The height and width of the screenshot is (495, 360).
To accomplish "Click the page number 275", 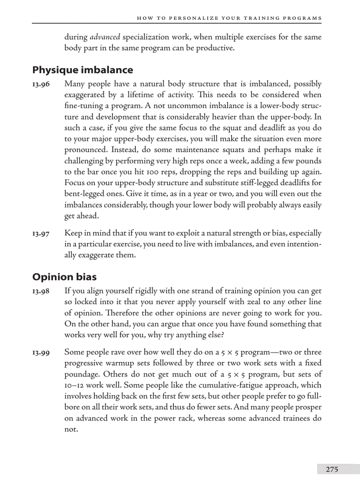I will [x=332, y=469].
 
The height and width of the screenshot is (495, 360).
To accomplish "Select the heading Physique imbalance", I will [x=82, y=70].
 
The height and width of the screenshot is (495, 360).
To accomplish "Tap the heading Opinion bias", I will [x=64, y=277].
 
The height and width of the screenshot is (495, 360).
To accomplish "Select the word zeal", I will [x=229, y=302].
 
